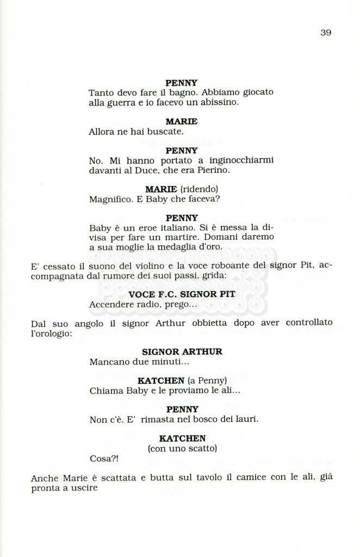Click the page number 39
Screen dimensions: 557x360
click(326, 32)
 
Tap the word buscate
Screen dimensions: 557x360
click(164, 131)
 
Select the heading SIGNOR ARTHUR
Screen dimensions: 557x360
click(182, 352)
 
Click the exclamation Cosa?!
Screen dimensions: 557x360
click(103, 459)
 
